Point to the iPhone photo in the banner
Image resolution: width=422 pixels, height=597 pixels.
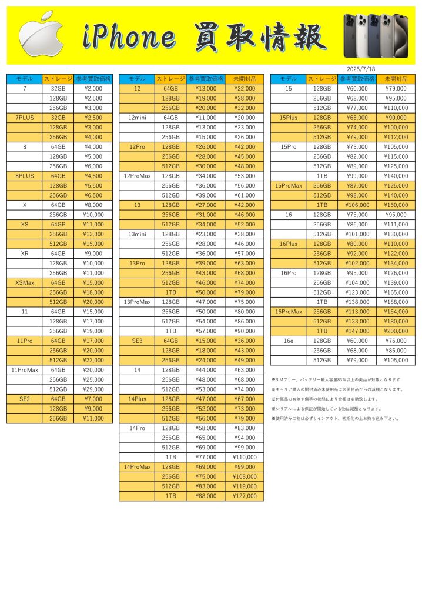[376, 35]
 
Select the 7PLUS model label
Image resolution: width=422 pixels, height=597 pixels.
[24, 118]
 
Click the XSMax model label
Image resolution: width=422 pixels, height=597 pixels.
[24, 282]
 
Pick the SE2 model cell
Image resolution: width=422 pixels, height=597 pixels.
[24, 399]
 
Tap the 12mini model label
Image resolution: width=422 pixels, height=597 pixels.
[136, 118]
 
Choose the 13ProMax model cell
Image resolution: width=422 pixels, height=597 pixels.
[136, 302]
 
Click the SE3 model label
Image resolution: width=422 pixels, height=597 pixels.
[136, 341]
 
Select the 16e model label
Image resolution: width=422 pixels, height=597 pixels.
[288, 341]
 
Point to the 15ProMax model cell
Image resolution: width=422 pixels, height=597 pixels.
[288, 185]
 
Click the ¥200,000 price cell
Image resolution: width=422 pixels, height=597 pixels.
[395, 331]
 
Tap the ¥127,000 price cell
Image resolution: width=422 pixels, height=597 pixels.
[245, 496]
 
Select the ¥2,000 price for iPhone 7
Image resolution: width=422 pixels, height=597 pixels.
[93, 88]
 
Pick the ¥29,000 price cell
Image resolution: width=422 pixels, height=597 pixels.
[93, 389]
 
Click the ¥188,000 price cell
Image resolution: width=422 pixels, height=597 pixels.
[395, 302]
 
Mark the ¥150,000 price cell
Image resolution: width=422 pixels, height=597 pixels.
[395, 205]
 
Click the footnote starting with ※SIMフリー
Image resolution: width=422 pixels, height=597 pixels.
[336, 379]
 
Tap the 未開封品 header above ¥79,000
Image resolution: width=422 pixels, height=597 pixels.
[395, 79]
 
